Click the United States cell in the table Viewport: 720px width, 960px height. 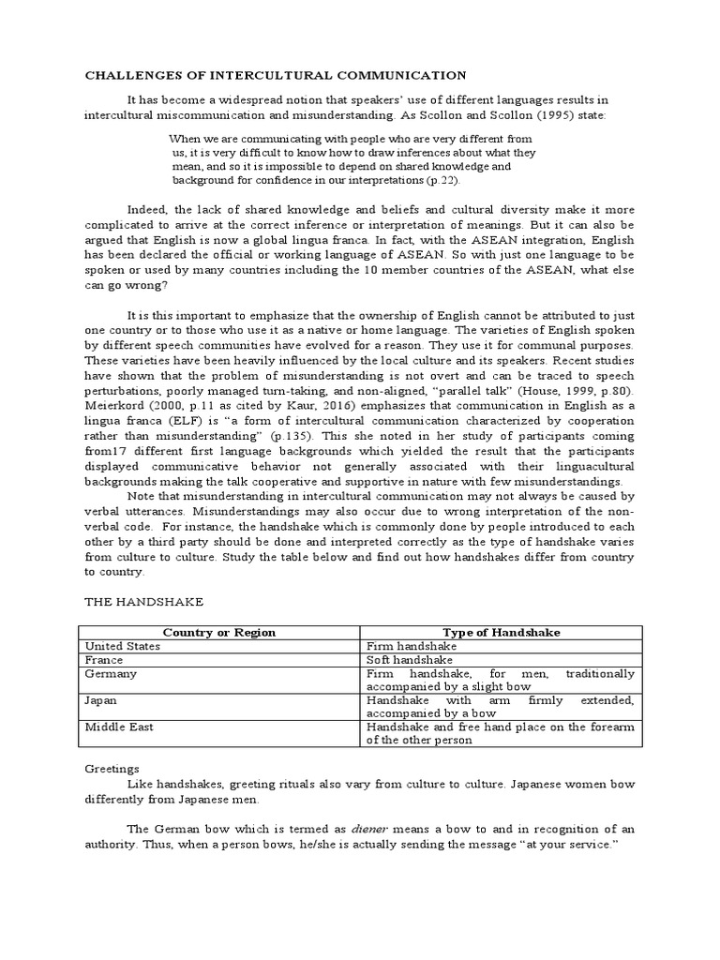123,646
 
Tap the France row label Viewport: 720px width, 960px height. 104,660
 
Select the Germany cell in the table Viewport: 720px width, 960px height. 112,674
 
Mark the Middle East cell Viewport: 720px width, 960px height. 120,727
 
